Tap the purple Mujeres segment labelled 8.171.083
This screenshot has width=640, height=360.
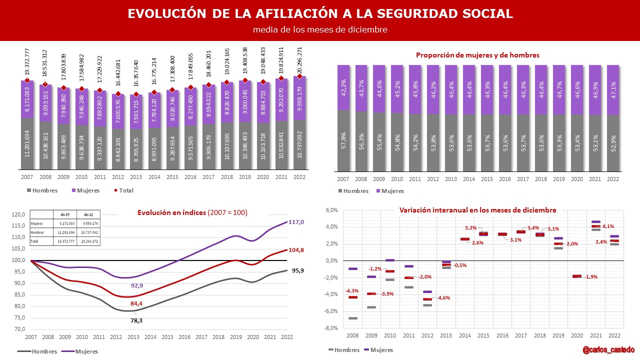pos(27,99)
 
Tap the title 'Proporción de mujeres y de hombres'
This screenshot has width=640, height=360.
pos(477,55)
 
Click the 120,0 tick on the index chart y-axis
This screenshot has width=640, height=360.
pos(18,214)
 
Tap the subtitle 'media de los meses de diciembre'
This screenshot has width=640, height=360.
pos(320,29)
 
